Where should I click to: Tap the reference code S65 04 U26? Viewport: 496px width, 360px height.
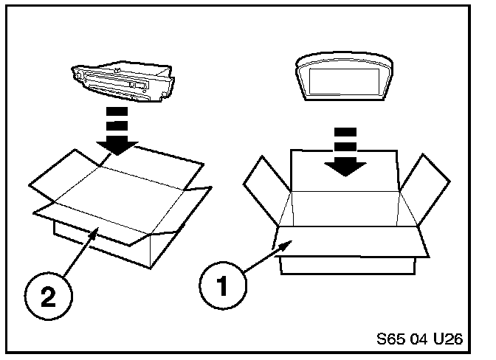[x=418, y=340]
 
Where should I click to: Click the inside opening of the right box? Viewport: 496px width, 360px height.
[x=345, y=210]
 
